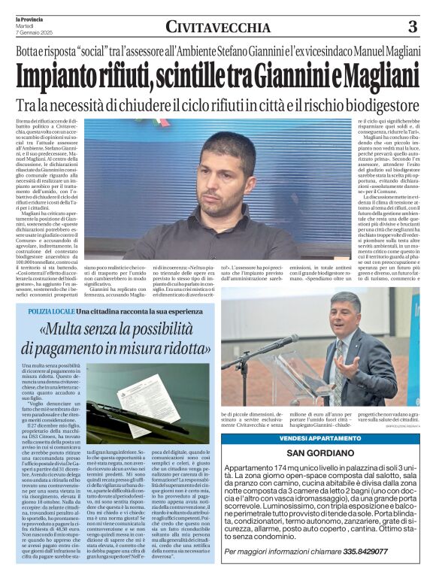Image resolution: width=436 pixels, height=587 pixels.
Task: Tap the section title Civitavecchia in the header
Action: [218, 28]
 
